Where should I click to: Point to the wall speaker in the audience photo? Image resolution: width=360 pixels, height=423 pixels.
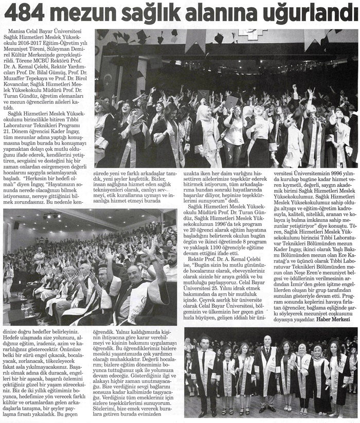16,225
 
